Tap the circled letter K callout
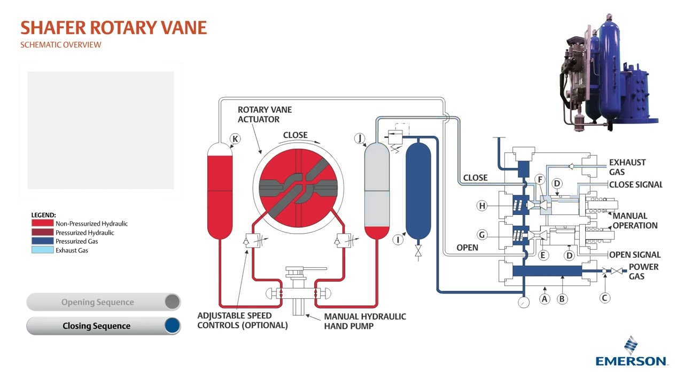coord(235,139)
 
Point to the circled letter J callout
coord(360,139)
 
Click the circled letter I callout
coord(398,240)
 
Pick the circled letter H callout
coord(483,206)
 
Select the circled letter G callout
coord(483,235)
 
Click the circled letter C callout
coord(604,298)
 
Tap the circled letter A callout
coord(545,299)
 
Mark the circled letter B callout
coord(562,299)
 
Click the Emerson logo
coord(631,352)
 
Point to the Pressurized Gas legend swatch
coord(43,241)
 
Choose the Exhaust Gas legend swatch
coord(43,250)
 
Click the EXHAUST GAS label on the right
coord(627,167)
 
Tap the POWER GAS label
coord(643,272)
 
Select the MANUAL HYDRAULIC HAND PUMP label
coord(365,321)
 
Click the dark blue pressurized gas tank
coord(418,190)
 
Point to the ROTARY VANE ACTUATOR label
coord(265,114)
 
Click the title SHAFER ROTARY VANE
coord(113,28)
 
